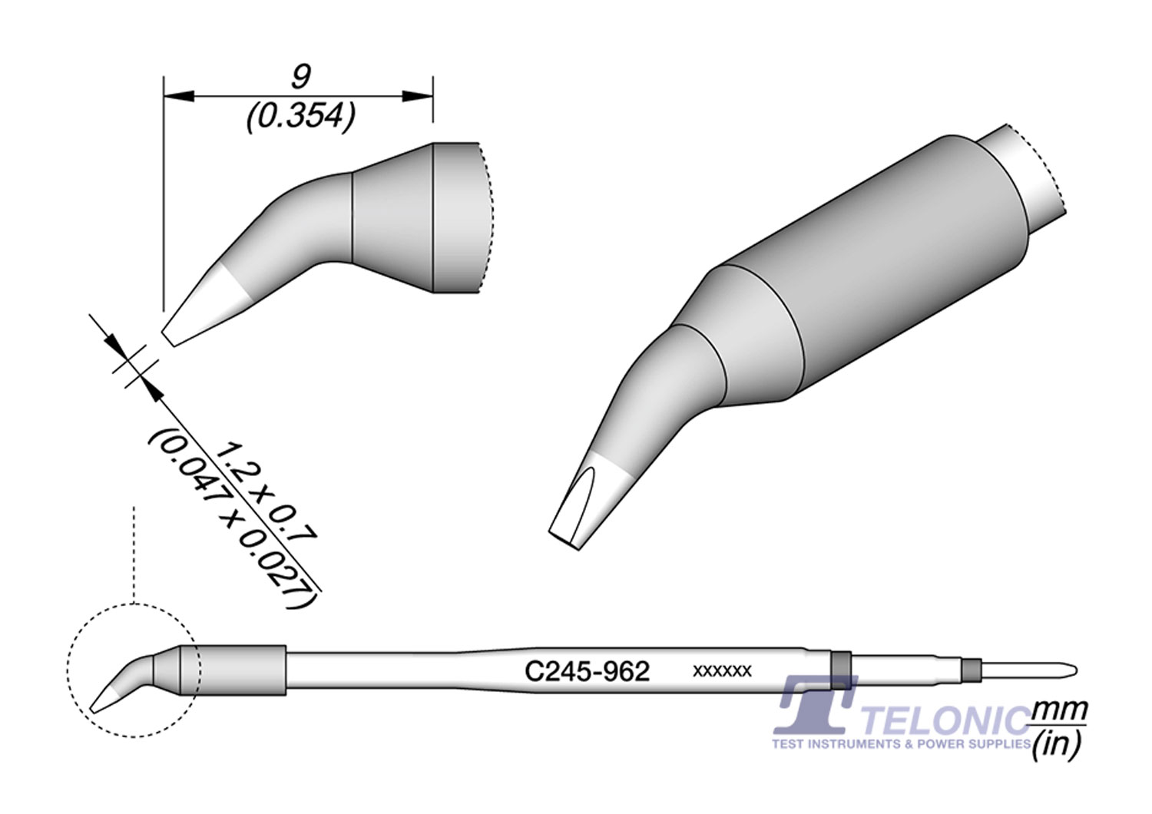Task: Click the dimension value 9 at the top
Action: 301,78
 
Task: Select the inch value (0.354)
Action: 301,117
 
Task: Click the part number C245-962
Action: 587,672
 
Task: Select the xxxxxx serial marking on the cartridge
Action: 723,671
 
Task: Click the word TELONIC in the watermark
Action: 945,720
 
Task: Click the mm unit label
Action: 1061,711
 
